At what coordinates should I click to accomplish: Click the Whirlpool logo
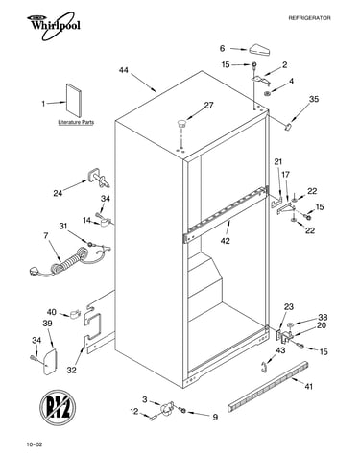[54, 26]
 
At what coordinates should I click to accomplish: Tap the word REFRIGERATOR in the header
[309, 18]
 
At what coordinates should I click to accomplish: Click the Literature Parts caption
[76, 122]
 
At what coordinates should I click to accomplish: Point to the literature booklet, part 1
[74, 101]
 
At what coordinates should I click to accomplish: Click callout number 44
[124, 70]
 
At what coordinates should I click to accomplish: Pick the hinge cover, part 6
[259, 50]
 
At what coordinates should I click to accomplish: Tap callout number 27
[208, 105]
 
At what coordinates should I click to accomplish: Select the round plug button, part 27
[181, 123]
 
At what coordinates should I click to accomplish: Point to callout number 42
[226, 241]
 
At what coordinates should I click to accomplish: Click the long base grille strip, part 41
[268, 387]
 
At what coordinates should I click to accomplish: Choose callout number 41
[308, 387]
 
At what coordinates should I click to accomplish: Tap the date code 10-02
[35, 444]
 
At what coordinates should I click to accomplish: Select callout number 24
[58, 193]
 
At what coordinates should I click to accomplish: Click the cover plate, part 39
[49, 361]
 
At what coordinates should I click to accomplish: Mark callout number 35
[314, 99]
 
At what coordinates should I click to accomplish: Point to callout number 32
[72, 370]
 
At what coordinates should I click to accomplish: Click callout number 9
[215, 417]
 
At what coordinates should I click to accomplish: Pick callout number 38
[323, 317]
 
